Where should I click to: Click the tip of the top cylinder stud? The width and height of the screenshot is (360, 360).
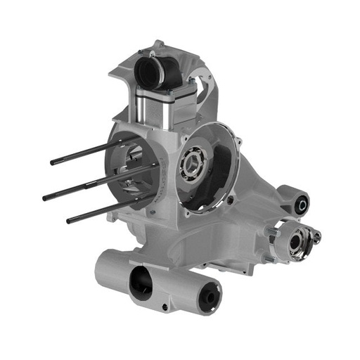tap(53, 162)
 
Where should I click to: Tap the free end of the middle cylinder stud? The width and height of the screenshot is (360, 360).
tap(45, 198)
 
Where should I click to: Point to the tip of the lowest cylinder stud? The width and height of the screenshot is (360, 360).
tap(69, 221)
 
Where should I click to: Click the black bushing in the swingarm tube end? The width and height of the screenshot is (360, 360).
tap(209, 301)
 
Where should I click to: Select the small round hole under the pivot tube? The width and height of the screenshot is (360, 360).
tap(165, 307)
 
